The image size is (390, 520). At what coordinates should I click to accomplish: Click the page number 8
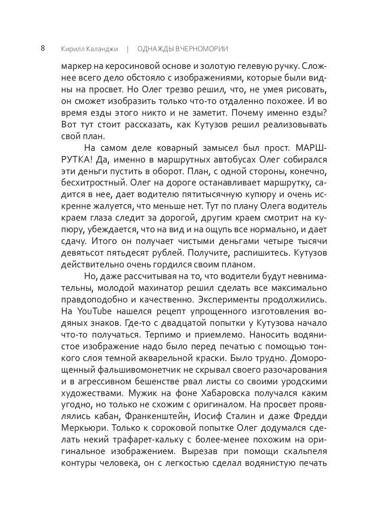[43, 48]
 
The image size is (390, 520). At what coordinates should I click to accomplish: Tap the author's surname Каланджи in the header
[102, 49]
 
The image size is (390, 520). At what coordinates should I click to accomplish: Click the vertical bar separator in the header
[128, 49]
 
